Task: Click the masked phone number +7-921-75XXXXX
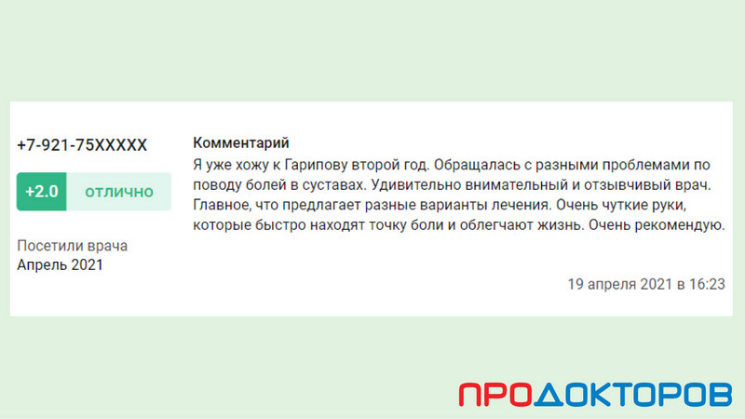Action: click(x=82, y=145)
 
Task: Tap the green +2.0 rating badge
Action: click(x=41, y=192)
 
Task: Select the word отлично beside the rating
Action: click(x=119, y=192)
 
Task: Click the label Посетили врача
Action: click(x=73, y=246)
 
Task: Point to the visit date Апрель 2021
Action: click(x=60, y=264)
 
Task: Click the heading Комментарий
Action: click(x=241, y=142)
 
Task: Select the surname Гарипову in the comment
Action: click(x=316, y=166)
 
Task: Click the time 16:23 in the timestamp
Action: click(x=707, y=284)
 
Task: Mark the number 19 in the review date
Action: click(x=576, y=284)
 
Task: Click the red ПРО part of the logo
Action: click(x=495, y=394)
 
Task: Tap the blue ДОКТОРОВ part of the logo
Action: click(x=633, y=394)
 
